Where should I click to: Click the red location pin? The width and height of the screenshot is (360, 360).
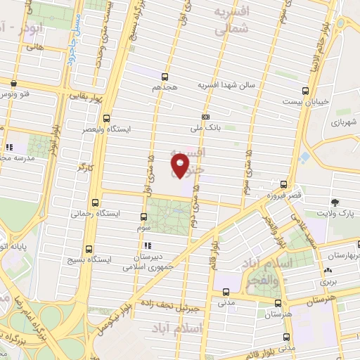180,165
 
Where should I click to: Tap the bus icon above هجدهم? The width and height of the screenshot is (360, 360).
165,77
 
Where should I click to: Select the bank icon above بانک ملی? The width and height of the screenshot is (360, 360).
205,117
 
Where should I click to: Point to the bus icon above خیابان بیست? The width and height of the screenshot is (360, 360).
304,90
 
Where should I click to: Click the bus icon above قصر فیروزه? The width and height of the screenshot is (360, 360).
283,184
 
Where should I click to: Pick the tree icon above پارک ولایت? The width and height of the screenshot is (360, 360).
333,202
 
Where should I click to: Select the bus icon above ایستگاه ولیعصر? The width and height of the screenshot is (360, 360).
106,118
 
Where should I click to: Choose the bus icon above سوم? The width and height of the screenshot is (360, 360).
144,217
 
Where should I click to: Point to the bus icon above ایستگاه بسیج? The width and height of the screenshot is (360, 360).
89,248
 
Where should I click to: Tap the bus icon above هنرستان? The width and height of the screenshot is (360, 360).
277,303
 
